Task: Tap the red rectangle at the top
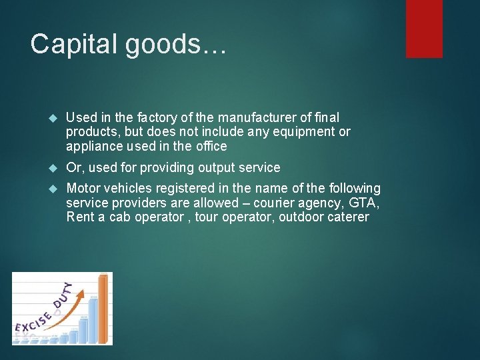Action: point(424,28)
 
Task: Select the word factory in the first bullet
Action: point(140,117)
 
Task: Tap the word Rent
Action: point(81,217)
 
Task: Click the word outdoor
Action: point(297,217)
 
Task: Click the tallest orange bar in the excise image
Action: point(103,307)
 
